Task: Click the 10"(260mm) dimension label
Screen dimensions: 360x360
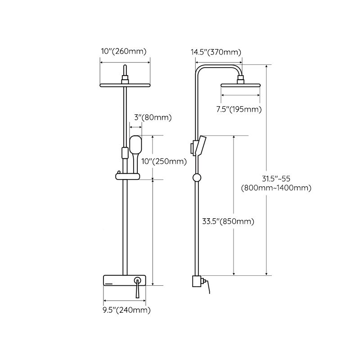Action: click(123, 51)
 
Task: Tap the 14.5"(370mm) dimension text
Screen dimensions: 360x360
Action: click(216, 52)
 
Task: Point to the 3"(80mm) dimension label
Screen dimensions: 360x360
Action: click(153, 118)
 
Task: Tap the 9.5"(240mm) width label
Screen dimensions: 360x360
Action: click(127, 310)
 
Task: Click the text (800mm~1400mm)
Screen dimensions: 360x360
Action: click(276, 188)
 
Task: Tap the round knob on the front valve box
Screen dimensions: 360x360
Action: click(137, 281)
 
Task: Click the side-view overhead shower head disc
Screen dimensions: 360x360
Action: click(241, 85)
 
